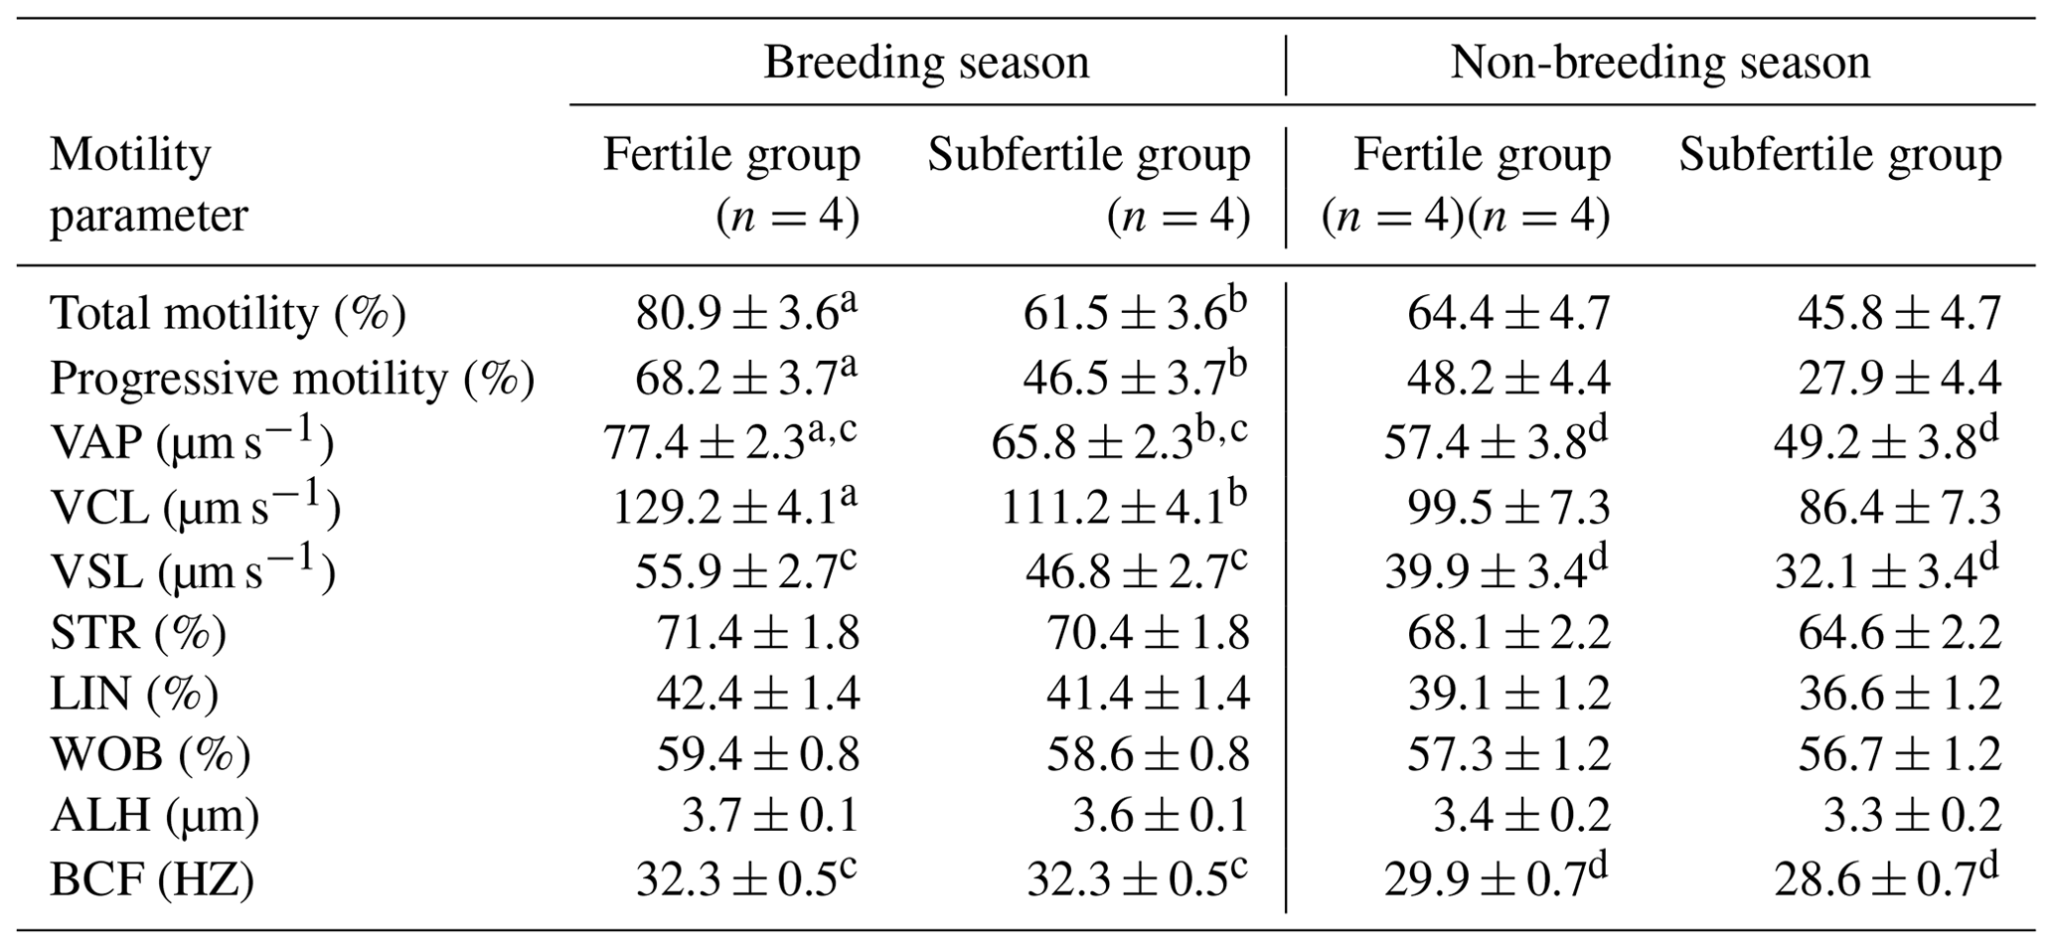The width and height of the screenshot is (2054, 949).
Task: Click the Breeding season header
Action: click(926, 63)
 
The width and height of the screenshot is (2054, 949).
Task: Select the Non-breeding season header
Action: click(1659, 63)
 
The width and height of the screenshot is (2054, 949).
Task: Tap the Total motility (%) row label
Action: click(228, 314)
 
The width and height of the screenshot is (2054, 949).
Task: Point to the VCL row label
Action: click(195, 508)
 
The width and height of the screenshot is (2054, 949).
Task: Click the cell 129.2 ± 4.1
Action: click(733, 508)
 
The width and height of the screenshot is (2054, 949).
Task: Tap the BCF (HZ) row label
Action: click(151, 879)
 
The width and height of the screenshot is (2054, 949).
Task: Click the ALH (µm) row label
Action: click(154, 816)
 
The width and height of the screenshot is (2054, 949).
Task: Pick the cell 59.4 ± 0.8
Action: click(757, 754)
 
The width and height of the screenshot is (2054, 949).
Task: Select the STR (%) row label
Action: click(138, 632)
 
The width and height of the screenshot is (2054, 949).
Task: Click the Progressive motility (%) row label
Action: click(292, 379)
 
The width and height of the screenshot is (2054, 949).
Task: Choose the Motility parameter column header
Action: click(148, 185)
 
